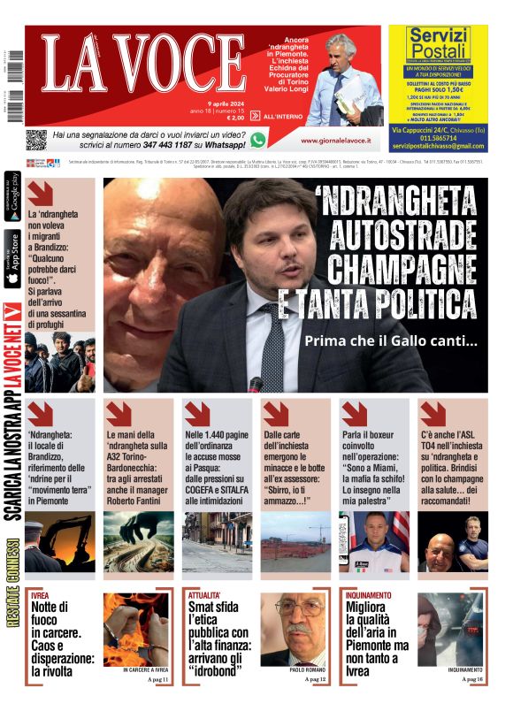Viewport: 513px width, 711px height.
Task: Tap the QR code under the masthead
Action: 35,139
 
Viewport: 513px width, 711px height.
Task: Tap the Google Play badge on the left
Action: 13,195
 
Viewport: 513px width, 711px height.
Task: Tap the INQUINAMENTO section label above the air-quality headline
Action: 375,595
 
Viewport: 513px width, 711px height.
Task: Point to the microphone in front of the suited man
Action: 256,384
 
